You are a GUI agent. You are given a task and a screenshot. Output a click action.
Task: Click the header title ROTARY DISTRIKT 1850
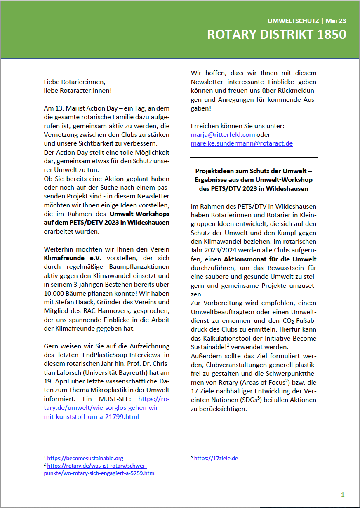coord(276,35)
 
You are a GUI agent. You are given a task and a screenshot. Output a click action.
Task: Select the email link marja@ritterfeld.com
coord(223,135)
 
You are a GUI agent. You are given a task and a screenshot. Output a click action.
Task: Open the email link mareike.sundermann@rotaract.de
coord(242,143)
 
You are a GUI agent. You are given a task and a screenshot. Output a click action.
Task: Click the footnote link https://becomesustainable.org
coord(85,458)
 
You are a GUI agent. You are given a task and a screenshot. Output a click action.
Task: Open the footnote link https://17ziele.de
coord(216,458)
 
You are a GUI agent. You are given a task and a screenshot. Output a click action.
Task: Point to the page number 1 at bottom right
coord(343,495)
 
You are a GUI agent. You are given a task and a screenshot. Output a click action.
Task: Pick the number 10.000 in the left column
coord(57,293)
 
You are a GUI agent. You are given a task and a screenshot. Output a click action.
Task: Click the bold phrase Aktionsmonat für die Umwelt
coord(270,259)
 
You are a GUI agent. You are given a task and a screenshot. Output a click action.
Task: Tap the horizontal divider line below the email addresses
coord(254,157)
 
